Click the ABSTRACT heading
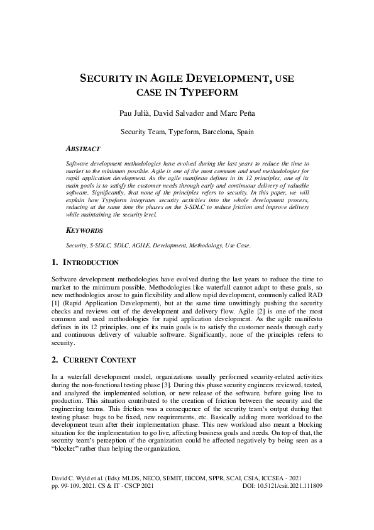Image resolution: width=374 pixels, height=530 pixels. tap(83, 149)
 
